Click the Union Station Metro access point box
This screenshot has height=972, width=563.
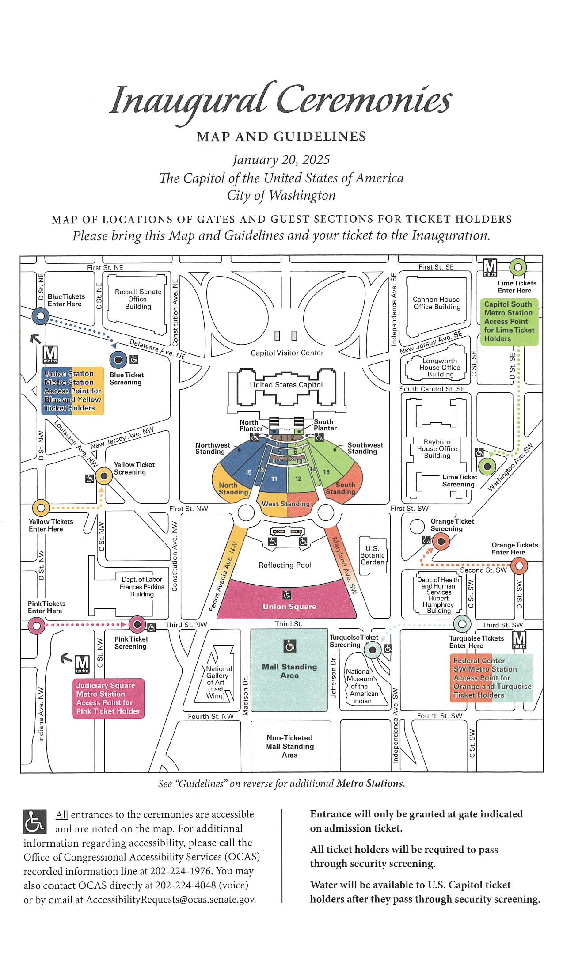point(72,391)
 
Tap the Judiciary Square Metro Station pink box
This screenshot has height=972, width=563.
point(108,698)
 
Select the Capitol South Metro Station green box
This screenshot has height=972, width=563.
point(509,322)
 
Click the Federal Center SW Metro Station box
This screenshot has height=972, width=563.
point(491,678)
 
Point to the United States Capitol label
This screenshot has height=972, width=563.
point(286,385)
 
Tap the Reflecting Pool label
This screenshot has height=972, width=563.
point(285,565)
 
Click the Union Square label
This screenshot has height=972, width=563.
point(289,607)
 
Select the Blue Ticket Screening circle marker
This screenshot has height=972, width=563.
point(118,360)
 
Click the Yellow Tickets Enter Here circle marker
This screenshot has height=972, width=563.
point(41,508)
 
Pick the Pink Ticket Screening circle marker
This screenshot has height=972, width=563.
point(137,624)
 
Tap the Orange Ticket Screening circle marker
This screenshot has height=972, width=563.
point(441,541)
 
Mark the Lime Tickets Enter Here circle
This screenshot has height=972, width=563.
point(518,267)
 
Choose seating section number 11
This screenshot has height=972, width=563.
point(274,479)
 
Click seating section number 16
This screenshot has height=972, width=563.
point(326,472)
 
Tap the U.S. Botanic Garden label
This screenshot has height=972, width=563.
point(373,555)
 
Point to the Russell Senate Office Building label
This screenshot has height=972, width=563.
point(138,299)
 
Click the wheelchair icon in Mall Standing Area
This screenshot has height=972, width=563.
point(290,646)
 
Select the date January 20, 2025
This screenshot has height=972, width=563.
point(281,159)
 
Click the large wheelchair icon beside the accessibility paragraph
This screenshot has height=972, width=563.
point(34,821)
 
